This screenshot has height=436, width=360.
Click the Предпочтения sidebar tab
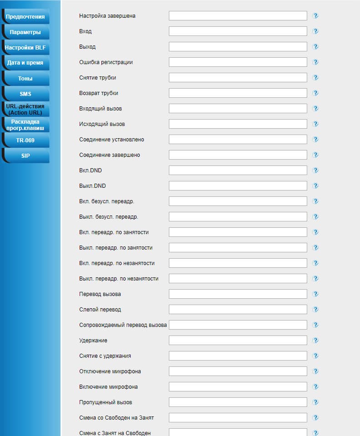(25, 17)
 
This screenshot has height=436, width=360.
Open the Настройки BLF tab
(25, 47)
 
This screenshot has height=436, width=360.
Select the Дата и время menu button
(25, 63)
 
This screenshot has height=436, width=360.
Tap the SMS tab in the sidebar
(25, 94)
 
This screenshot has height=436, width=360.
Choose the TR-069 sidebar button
(25, 140)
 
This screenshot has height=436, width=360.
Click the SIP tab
(25, 155)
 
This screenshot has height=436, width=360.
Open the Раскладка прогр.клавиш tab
(25, 125)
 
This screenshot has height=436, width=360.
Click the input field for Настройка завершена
(238, 16)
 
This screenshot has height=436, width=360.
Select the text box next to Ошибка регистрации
(238, 62)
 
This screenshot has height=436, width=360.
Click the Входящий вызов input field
(238, 109)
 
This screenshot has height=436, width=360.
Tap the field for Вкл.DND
(238, 170)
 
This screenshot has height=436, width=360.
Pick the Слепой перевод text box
(238, 310)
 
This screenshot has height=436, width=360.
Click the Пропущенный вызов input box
(238, 402)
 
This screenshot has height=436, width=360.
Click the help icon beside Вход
(315, 31)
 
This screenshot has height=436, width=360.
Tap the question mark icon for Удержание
(315, 341)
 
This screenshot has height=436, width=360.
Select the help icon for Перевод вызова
(315, 294)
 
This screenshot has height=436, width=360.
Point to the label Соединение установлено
(112, 140)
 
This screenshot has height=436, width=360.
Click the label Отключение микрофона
(110, 371)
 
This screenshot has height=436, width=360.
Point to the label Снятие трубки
(97, 78)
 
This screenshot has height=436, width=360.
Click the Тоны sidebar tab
(25, 78)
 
